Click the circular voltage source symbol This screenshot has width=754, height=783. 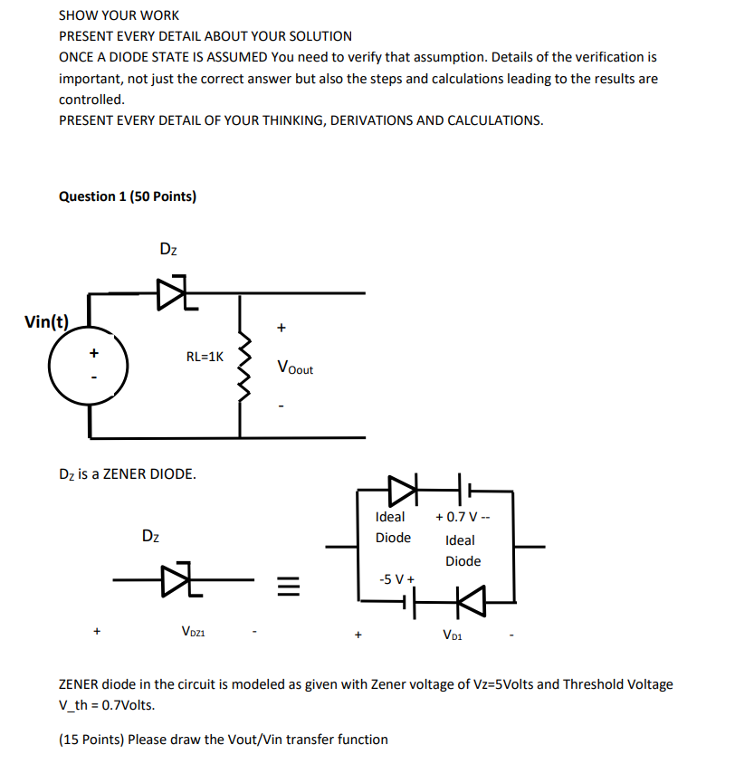pyautogui.click(x=89, y=367)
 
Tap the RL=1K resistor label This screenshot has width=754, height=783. pyautogui.click(x=204, y=357)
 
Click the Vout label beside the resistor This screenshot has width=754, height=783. pyautogui.click(x=295, y=368)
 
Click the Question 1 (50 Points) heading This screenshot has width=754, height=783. pyautogui.click(x=127, y=196)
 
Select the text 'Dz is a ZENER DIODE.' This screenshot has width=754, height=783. pyautogui.click(x=127, y=473)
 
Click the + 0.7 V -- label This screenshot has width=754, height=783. pyautogui.click(x=462, y=517)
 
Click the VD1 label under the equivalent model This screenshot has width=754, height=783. pyautogui.click(x=453, y=635)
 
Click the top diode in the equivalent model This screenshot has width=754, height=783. pyautogui.click(x=402, y=491)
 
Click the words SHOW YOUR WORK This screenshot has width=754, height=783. pyautogui.click(x=119, y=15)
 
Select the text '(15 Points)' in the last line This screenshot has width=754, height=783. pyautogui.click(x=91, y=740)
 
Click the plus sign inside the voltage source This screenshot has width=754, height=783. pyautogui.click(x=92, y=352)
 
